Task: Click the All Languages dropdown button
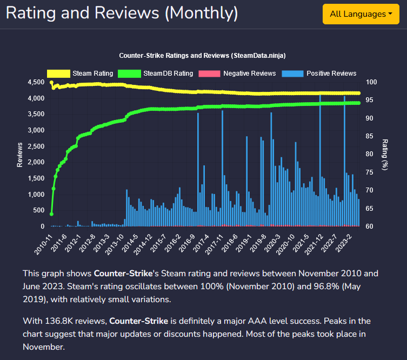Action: [x=361, y=14]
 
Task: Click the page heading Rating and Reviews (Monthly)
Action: [x=122, y=12]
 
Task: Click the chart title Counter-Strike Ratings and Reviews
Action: [x=202, y=56]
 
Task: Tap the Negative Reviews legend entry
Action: [x=238, y=73]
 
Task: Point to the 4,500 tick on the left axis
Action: [x=36, y=82]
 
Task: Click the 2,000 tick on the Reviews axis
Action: [x=36, y=162]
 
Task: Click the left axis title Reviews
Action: [x=19, y=154]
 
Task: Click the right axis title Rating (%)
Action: [x=385, y=154]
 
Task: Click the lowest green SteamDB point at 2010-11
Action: [x=51, y=214]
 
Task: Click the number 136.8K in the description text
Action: [x=60, y=321]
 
